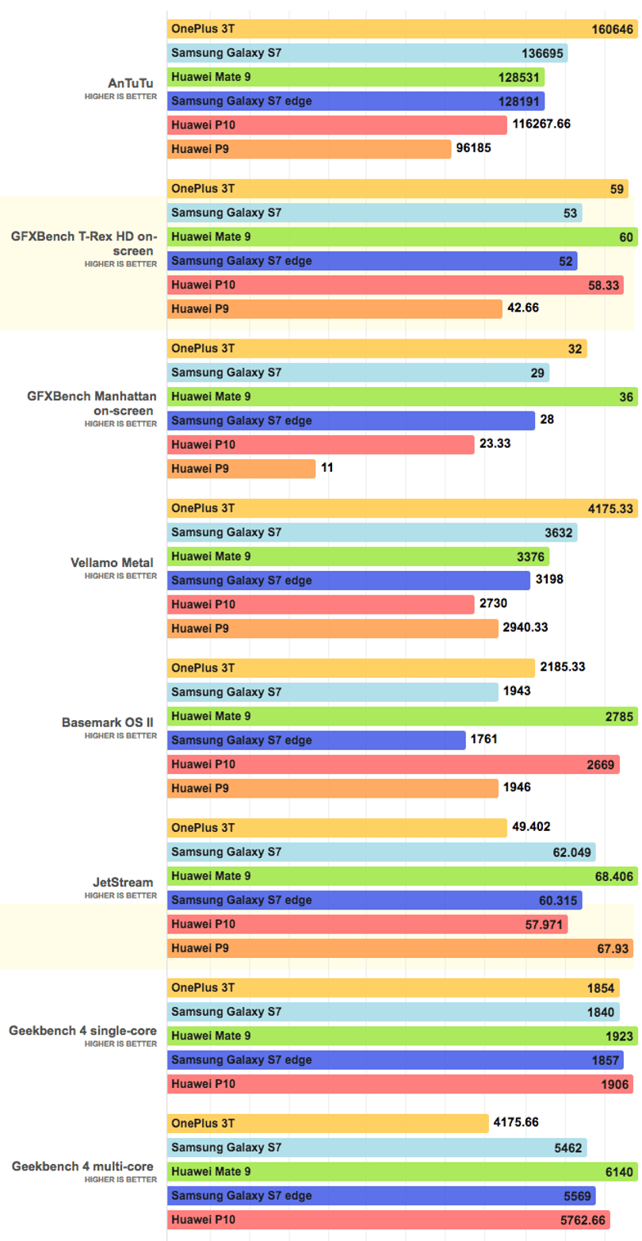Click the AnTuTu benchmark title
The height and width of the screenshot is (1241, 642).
click(x=130, y=83)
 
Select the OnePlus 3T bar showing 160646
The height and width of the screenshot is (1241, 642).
click(x=402, y=29)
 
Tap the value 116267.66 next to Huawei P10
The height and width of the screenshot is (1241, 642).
click(x=541, y=124)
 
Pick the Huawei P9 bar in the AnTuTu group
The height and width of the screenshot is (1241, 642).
click(x=309, y=149)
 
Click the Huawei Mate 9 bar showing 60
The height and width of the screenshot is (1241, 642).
click(x=402, y=237)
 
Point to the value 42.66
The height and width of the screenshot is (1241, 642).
click(x=523, y=308)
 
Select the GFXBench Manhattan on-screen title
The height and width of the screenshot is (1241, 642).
click(x=91, y=404)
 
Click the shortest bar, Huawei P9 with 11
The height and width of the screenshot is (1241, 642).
click(x=242, y=469)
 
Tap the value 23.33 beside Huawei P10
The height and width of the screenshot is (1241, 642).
click(x=495, y=443)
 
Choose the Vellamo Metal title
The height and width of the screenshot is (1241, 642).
click(x=112, y=563)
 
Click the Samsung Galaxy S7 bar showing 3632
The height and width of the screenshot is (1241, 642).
click(x=373, y=532)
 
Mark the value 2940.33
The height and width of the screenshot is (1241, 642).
click(x=525, y=627)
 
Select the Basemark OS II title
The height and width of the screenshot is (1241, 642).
click(x=108, y=722)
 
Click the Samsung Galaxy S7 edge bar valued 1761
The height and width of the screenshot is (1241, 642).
click(x=316, y=740)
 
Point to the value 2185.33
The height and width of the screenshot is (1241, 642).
click(x=562, y=666)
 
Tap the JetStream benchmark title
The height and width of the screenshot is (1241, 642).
click(x=122, y=883)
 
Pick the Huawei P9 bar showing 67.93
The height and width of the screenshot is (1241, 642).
click(x=400, y=948)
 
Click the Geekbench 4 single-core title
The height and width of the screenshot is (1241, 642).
click(x=82, y=1031)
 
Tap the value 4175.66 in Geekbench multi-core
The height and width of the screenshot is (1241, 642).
click(x=516, y=1122)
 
